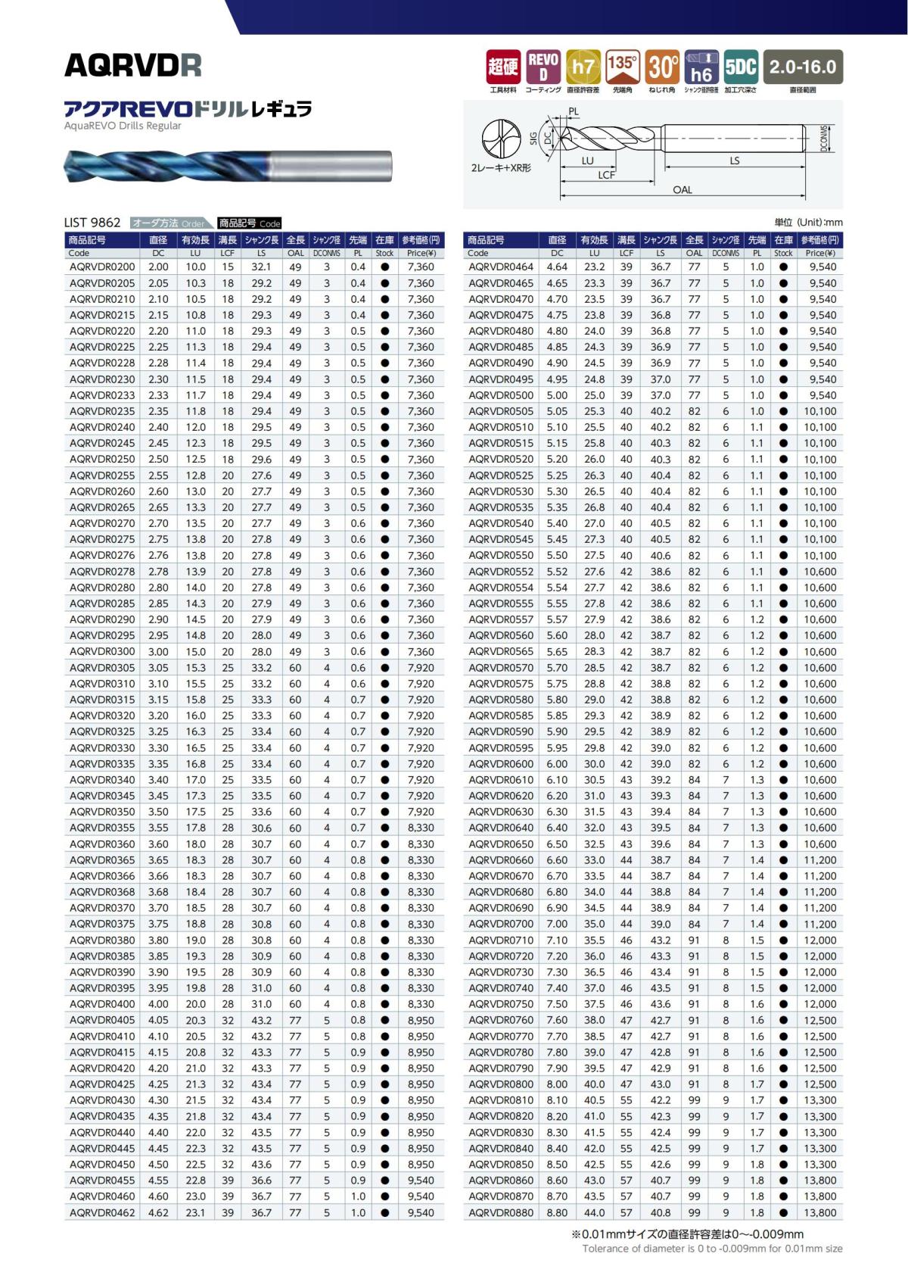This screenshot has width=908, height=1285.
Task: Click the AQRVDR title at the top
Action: (x=133, y=66)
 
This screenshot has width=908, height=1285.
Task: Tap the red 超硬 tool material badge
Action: (x=502, y=67)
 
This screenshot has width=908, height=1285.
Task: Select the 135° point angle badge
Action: (x=622, y=67)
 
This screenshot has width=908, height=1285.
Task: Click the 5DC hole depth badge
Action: (x=741, y=67)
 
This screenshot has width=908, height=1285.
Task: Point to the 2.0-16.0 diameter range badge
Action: (x=803, y=67)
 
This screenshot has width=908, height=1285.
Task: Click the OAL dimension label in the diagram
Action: (x=683, y=190)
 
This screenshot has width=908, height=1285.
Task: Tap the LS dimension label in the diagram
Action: (x=735, y=161)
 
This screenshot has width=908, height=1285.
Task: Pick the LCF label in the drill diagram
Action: (x=606, y=175)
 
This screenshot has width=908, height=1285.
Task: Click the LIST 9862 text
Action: (x=92, y=223)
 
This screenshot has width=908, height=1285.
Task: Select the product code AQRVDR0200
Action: (x=102, y=267)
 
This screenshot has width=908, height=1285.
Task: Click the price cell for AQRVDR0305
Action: (x=421, y=668)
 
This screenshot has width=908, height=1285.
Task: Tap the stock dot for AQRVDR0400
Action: (x=384, y=1004)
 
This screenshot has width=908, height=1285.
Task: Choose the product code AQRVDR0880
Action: (x=501, y=1212)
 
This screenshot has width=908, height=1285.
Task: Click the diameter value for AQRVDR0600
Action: (x=557, y=764)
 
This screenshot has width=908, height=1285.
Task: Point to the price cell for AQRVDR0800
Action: (x=819, y=1084)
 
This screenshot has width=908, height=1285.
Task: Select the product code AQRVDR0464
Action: (x=501, y=267)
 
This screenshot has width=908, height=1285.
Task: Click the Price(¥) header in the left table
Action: (x=421, y=254)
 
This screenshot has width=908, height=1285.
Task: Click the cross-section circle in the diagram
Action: (x=502, y=139)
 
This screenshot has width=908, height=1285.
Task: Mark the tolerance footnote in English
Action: (x=712, y=1249)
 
